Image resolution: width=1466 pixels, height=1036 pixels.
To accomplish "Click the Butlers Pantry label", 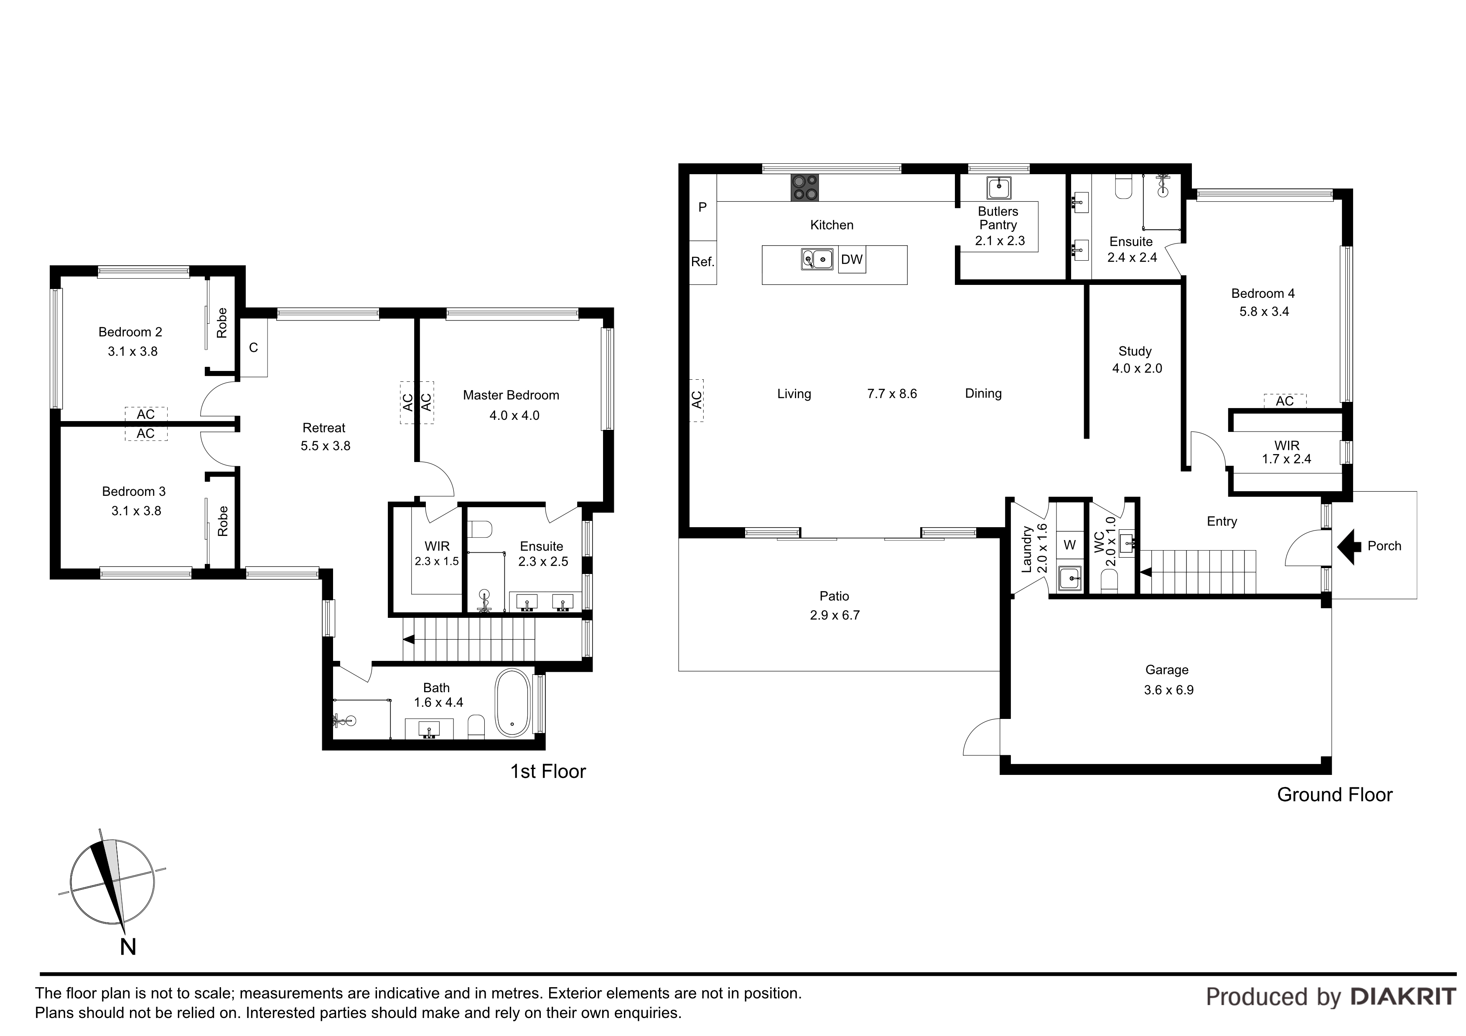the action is click(x=998, y=218).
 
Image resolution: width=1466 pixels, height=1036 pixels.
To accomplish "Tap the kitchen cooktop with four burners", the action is click(x=804, y=188).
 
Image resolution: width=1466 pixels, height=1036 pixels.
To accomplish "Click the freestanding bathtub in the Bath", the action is click(x=512, y=702).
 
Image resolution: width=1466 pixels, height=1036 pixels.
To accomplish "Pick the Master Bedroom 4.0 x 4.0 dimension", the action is click(x=514, y=416).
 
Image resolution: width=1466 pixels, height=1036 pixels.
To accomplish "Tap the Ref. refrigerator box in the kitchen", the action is click(x=703, y=262).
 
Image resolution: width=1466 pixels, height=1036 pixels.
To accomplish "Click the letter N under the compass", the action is click(x=128, y=947).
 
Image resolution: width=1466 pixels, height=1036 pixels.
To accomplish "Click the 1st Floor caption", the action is click(x=548, y=772).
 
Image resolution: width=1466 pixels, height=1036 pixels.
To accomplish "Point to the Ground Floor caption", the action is click(x=1334, y=795).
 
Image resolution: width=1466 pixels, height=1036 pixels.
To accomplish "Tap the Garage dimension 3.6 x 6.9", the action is click(x=1168, y=690).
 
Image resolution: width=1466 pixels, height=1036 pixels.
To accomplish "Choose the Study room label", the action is click(x=1135, y=351).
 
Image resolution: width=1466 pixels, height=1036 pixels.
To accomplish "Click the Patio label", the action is click(x=835, y=596).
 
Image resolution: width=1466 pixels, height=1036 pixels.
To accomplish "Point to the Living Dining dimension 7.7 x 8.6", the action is click(x=892, y=394).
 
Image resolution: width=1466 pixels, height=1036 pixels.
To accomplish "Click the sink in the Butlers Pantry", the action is click(x=999, y=188).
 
